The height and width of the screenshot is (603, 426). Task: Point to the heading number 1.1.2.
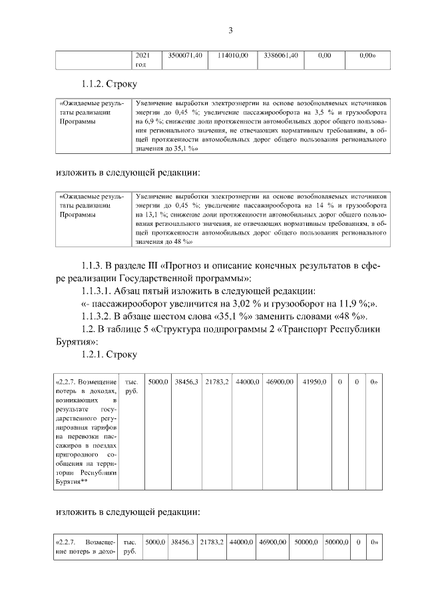coord(97,85)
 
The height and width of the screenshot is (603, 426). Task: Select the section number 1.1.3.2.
coord(101,315)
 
